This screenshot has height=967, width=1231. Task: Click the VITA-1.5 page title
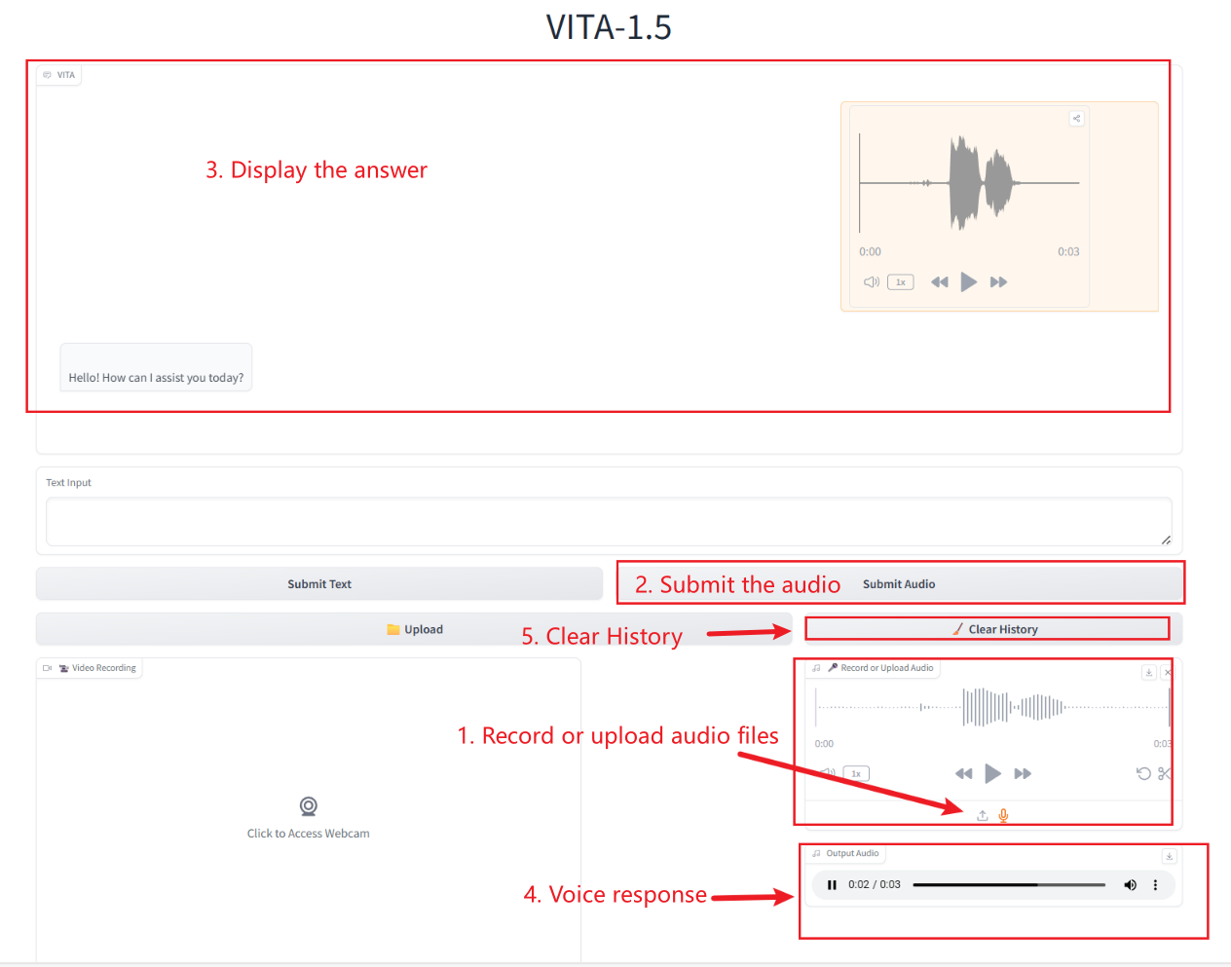(x=609, y=26)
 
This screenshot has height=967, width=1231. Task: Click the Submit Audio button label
(x=899, y=584)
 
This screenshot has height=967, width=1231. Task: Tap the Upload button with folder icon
(x=414, y=629)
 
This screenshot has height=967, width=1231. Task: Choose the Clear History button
(x=994, y=629)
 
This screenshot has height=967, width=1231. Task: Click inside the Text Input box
(x=609, y=522)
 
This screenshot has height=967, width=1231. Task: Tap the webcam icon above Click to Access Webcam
(x=308, y=805)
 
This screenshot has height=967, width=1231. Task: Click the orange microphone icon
(x=1003, y=815)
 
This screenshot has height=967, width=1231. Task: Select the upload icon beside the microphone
(x=983, y=815)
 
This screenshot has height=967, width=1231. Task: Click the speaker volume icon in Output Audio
(x=1130, y=885)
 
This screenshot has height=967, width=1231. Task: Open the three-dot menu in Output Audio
(x=1155, y=885)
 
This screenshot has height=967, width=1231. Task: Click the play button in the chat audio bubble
(x=968, y=281)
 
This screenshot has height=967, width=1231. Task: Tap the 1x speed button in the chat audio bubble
(x=900, y=282)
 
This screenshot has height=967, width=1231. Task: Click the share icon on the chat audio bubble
(x=1076, y=119)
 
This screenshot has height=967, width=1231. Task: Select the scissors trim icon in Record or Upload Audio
(x=1164, y=773)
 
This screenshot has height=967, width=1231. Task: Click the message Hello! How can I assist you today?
(x=156, y=377)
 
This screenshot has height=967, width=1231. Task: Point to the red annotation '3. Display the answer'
(x=317, y=169)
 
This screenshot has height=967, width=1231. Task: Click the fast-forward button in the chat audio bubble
(x=998, y=282)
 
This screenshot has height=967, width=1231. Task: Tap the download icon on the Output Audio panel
(x=1169, y=856)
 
